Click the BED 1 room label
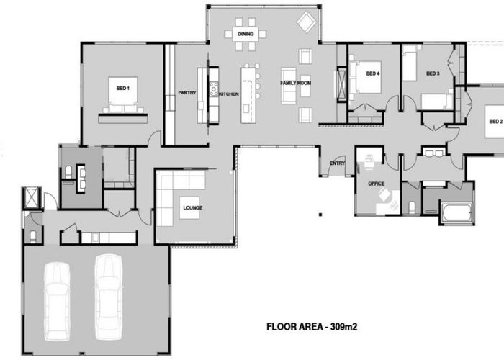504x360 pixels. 123,88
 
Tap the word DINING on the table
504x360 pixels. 246,34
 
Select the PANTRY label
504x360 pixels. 187,93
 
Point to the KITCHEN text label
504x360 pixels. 229,94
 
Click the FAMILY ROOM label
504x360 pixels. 296,83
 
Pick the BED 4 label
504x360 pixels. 373,73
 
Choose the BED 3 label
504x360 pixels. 433,73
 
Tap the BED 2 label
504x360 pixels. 495,121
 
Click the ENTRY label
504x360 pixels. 337,163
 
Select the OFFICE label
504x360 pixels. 377,184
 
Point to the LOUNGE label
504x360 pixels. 193,208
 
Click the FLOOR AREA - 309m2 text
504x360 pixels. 312,327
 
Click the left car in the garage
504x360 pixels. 57,301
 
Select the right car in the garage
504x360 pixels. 109,297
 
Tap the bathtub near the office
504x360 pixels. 456,212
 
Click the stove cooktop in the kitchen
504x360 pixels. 214,89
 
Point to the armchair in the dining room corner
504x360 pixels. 306,22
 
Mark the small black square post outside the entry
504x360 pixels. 320,215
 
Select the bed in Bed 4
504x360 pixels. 365,77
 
